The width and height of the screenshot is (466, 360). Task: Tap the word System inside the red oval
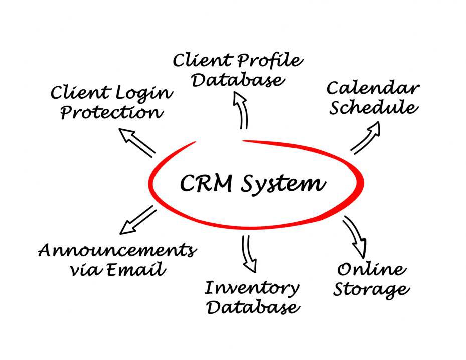click(282, 185)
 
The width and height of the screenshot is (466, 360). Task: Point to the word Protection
click(111, 112)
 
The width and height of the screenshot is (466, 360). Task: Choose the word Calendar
click(373, 89)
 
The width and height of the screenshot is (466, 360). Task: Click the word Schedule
click(373, 108)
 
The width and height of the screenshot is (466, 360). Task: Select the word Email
click(137, 270)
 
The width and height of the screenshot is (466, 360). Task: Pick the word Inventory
click(252, 288)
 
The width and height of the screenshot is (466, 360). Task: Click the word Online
click(372, 269)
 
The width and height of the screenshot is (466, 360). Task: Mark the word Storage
click(371, 290)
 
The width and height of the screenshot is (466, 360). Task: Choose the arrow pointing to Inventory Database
click(248, 253)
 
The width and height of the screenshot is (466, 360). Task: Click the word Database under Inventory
click(253, 307)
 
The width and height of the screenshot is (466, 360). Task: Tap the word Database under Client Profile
click(237, 80)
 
